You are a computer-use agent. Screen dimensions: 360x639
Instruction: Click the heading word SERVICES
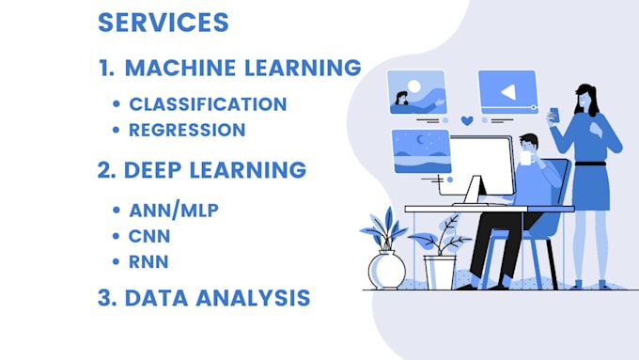click(163, 23)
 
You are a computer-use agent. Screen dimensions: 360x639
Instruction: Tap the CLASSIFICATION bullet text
click(208, 103)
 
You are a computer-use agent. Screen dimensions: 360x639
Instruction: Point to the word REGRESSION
click(187, 130)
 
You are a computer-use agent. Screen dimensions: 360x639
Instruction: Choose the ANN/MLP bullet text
click(174, 211)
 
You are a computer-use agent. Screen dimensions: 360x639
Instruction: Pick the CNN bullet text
click(150, 236)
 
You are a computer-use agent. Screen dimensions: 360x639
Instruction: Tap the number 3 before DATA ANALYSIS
click(104, 299)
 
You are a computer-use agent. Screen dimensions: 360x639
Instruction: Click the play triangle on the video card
click(507, 92)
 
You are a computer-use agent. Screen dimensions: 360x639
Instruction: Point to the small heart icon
click(467, 120)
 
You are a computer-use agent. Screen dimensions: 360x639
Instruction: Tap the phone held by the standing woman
click(553, 114)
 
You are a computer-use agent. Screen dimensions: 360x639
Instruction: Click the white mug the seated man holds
click(521, 161)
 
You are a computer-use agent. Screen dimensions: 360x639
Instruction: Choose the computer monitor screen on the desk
click(481, 169)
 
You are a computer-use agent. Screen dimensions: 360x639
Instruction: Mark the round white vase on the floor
click(386, 270)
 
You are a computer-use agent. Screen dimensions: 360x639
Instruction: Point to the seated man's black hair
click(529, 142)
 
